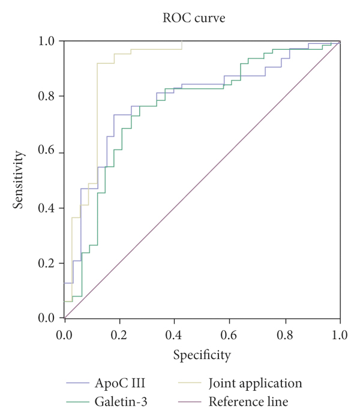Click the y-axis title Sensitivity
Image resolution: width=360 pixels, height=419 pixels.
[20, 179]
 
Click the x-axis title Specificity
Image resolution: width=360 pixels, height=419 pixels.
[202, 355]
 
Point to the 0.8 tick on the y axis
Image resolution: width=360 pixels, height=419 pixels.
[47, 97]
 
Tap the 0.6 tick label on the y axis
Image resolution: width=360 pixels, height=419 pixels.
[47, 152]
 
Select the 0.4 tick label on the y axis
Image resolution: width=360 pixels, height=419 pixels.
[47, 208]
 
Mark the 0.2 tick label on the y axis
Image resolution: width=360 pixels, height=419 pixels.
[47, 263]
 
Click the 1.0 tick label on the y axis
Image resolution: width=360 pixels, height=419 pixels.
[47, 41]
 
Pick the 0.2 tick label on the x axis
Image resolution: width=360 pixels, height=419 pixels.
[119, 332]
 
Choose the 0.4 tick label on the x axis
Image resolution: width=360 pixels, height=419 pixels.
[175, 332]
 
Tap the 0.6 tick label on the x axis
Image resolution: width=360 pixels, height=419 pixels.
[230, 332]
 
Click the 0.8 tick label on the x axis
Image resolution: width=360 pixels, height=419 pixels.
[285, 332]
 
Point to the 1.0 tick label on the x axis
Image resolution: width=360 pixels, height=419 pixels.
[340, 332]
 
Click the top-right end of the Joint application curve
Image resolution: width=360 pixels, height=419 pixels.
[182, 41]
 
